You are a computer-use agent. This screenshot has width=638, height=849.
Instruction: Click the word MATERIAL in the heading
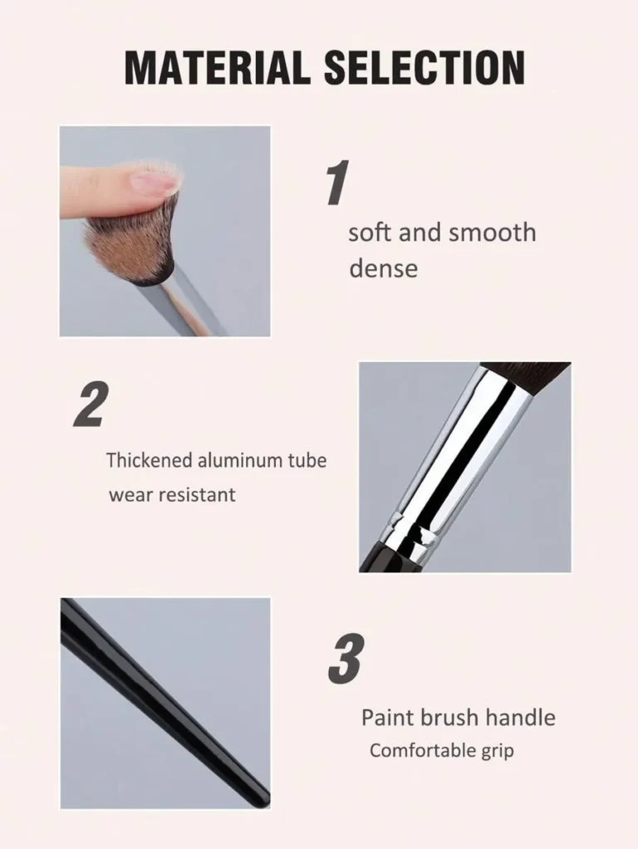pyautogui.click(x=217, y=67)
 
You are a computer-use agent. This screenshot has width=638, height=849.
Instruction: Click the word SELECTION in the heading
pyautogui.click(x=425, y=67)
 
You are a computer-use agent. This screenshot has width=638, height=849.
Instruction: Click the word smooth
pyautogui.click(x=493, y=233)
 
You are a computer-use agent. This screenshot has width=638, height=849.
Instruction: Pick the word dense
pyautogui.click(x=384, y=268)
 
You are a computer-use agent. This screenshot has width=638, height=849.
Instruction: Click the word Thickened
pyautogui.click(x=150, y=460)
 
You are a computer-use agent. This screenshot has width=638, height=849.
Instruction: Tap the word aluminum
pyautogui.click(x=240, y=461)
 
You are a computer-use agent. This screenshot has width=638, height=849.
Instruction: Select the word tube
pyautogui.click(x=307, y=461)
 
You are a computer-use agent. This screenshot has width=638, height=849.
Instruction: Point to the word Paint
pyautogui.click(x=388, y=718)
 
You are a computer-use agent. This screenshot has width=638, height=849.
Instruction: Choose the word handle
pyautogui.click(x=520, y=718)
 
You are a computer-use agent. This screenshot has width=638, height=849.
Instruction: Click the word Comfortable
pyautogui.click(x=415, y=751)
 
